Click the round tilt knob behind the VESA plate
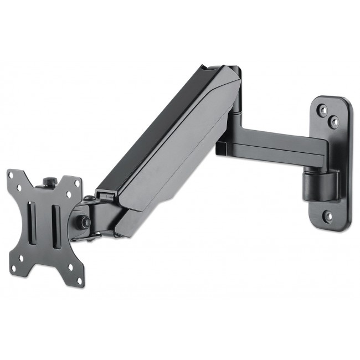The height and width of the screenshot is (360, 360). tap(84, 222)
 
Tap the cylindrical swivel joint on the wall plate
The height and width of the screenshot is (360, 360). tap(322, 184)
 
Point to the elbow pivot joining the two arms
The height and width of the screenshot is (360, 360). tap(235, 111)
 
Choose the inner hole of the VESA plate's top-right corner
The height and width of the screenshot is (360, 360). tap(69, 196)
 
